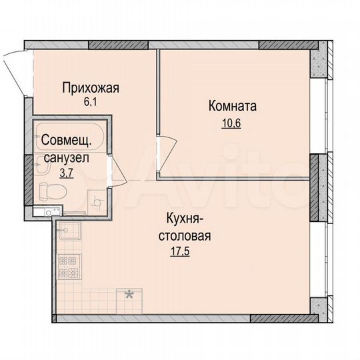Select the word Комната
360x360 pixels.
point(233,106)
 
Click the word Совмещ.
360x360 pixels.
point(67,141)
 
